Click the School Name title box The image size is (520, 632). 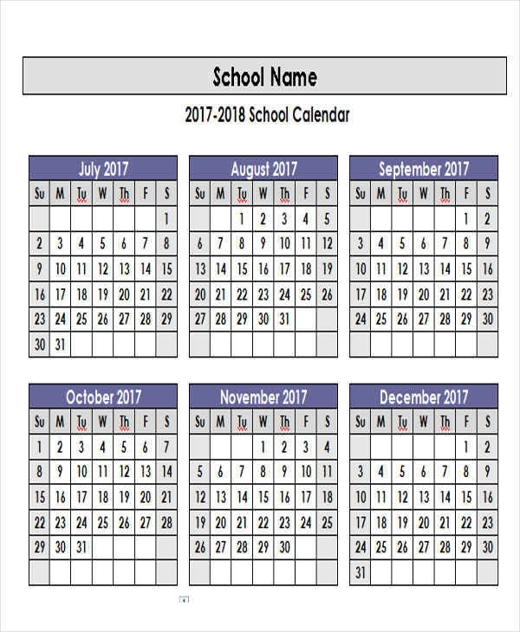point(264,76)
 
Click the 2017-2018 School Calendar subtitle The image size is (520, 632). point(267,115)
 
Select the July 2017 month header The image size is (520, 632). point(103,169)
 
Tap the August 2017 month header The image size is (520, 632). point(263,169)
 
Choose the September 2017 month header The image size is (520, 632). point(424,169)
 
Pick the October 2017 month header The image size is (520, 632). point(103,397)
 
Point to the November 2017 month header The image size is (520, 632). point(263,397)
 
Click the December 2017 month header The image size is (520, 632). point(424,397)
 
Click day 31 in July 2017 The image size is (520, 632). point(60,344)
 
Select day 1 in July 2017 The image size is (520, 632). point(166,219)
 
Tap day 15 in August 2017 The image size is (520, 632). point(243,269)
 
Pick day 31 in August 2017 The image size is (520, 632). point(285,319)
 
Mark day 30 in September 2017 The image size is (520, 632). point(487,319)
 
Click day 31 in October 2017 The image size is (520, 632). point(81,547)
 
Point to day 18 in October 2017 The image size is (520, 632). point(103,498)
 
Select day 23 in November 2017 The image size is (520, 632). point(285,522)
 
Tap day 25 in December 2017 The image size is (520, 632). point(381,547)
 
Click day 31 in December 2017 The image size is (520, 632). point(361,572)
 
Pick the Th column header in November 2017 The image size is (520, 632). point(285,422)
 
